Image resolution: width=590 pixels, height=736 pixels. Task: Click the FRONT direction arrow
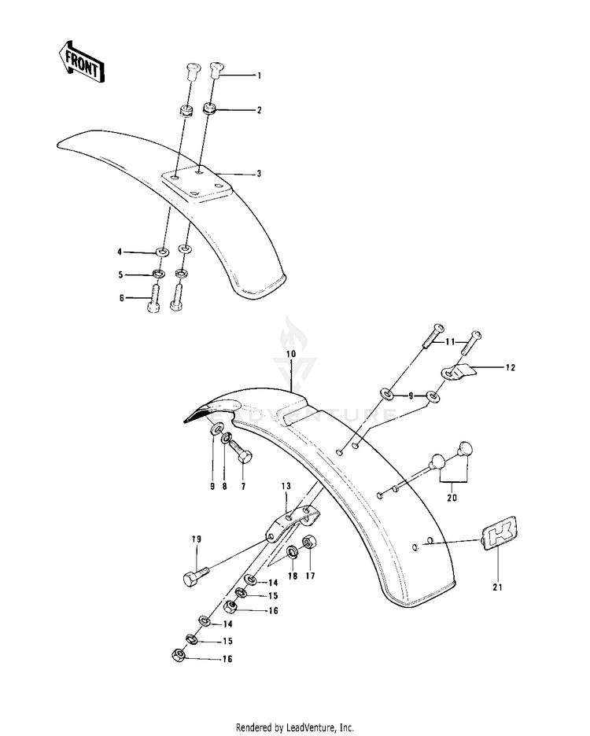[79, 61]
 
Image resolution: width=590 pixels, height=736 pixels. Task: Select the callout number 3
[258, 173]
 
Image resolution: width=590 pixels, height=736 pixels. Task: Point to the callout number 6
[120, 297]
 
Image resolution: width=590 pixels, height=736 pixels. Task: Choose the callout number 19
[197, 539]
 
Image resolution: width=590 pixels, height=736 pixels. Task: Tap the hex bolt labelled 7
[242, 451]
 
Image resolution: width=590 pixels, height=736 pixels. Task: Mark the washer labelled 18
[291, 551]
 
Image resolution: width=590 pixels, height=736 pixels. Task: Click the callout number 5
[120, 274]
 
